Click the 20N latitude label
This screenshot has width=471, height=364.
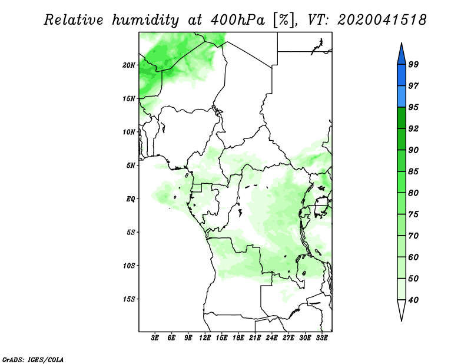coord(129,65)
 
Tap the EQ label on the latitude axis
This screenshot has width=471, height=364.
coord(130,199)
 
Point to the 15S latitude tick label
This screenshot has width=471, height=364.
coord(129,299)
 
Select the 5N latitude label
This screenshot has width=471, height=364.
coord(131,166)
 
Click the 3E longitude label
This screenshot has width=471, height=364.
coord(155,338)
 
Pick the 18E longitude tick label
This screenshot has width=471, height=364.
coord(238,338)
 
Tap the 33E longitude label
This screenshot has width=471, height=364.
coord(321,338)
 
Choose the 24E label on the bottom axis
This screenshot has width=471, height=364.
coord(271,338)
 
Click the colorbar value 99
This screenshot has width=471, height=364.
coord(413,64)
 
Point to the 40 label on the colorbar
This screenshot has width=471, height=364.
coord(413,300)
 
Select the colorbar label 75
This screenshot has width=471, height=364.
coord(413,214)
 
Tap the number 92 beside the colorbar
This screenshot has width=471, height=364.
coord(413,128)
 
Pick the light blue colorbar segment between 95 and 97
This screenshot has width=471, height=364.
coord(402,97)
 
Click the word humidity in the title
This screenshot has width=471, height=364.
coord(145,21)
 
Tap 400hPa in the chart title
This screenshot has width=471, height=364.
coord(238,20)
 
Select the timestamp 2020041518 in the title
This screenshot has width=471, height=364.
coord(382,20)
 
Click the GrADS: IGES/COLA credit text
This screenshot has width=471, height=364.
coord(33,359)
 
